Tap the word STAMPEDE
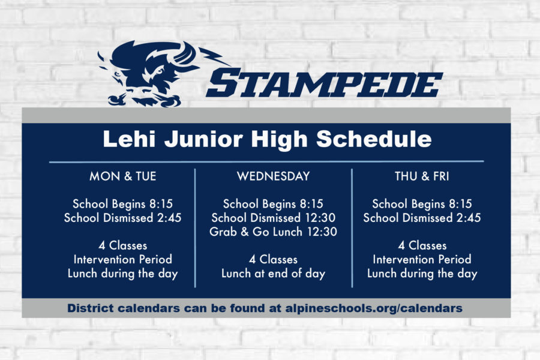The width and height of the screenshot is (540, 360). [x=324, y=83]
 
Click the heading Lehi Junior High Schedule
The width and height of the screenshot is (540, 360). [x=267, y=139]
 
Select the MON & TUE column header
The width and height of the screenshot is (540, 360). [x=123, y=176]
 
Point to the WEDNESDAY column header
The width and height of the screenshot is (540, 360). [x=274, y=176]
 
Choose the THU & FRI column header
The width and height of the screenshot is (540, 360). [x=422, y=176]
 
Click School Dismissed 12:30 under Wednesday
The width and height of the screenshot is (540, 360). [x=274, y=218]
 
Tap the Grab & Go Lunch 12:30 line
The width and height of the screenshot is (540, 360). [x=273, y=232]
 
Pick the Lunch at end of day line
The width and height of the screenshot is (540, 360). [x=273, y=274]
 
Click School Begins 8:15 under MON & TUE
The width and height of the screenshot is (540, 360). [x=122, y=204]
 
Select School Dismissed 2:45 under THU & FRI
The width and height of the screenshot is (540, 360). [x=422, y=218]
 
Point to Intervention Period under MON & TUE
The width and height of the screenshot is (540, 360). [x=123, y=259]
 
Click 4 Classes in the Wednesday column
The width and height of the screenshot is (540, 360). [x=273, y=259]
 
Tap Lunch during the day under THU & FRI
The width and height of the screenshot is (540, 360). [x=422, y=274]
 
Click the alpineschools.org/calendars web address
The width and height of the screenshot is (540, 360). [x=374, y=308]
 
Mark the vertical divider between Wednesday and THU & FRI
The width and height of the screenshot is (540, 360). [x=352, y=228]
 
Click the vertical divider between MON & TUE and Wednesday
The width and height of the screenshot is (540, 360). [x=195, y=228]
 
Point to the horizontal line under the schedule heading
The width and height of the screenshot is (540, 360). [x=266, y=161]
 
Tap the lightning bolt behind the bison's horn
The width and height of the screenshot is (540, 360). [x=214, y=56]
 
